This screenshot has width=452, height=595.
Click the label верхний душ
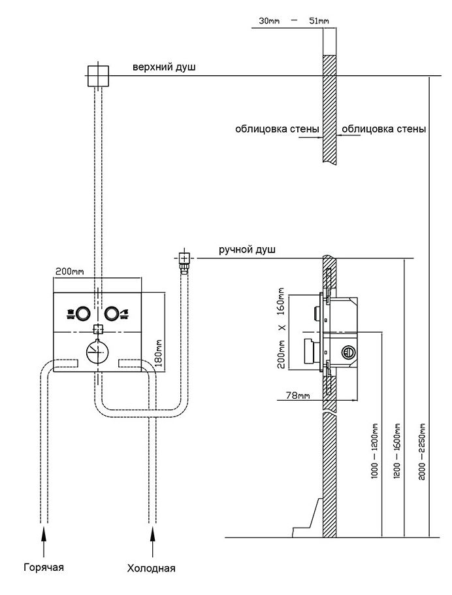(x=164, y=67)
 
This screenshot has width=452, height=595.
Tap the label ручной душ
(x=248, y=250)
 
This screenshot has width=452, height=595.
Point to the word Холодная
(x=151, y=568)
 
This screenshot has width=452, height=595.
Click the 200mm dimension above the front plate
(x=69, y=271)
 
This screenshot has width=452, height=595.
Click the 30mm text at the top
(x=269, y=22)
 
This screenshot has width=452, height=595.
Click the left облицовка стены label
(x=277, y=129)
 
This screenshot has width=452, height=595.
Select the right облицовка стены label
(x=383, y=129)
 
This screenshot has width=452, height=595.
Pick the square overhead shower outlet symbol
(x=97, y=76)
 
